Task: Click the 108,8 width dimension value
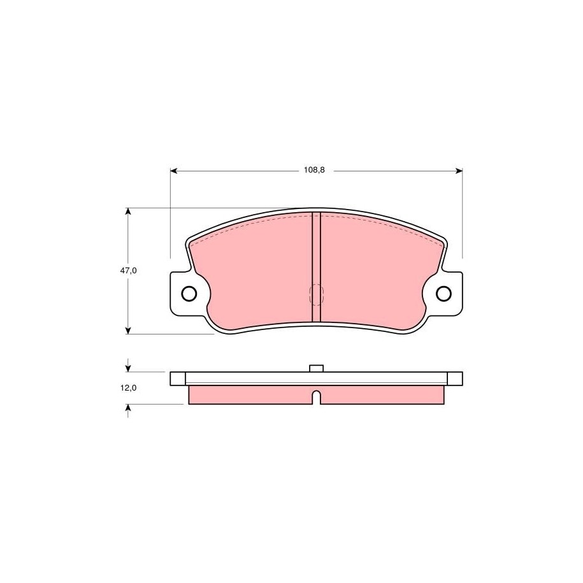click(314, 170)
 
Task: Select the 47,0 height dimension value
click(128, 271)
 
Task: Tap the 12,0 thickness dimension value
click(128, 388)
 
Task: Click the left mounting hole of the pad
click(189, 294)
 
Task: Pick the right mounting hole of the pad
click(443, 294)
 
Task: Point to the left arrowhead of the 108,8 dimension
click(174, 171)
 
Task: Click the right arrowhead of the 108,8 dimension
click(459, 171)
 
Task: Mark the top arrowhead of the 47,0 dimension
click(128, 212)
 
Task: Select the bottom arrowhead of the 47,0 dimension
click(128, 330)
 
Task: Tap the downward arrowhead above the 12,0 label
click(128, 368)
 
